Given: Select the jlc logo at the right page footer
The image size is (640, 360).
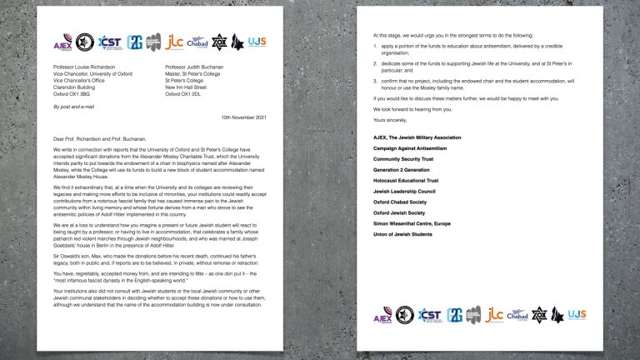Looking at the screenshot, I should [494, 314].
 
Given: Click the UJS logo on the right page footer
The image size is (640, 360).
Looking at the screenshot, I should [577, 314].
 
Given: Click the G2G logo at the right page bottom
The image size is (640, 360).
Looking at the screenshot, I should [455, 314].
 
